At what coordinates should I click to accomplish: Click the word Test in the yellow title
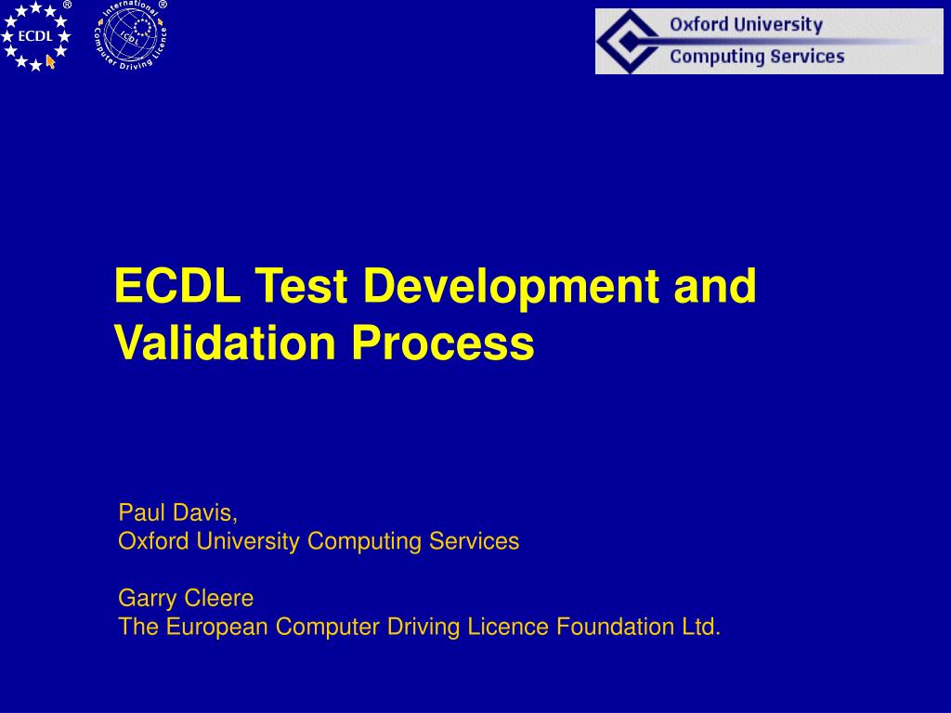click(x=301, y=286)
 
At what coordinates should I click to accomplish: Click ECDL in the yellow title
click(x=177, y=286)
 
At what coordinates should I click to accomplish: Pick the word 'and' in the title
click(x=714, y=286)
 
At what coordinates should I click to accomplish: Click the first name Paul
click(x=139, y=512)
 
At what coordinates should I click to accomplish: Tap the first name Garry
click(x=147, y=598)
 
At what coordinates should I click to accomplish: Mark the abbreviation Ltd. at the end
click(x=697, y=628)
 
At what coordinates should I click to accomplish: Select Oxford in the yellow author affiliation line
click(x=154, y=541)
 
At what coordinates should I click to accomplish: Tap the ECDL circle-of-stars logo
click(x=36, y=36)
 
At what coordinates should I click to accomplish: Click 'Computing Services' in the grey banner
click(x=757, y=57)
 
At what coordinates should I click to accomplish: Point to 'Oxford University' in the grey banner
click(x=746, y=25)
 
